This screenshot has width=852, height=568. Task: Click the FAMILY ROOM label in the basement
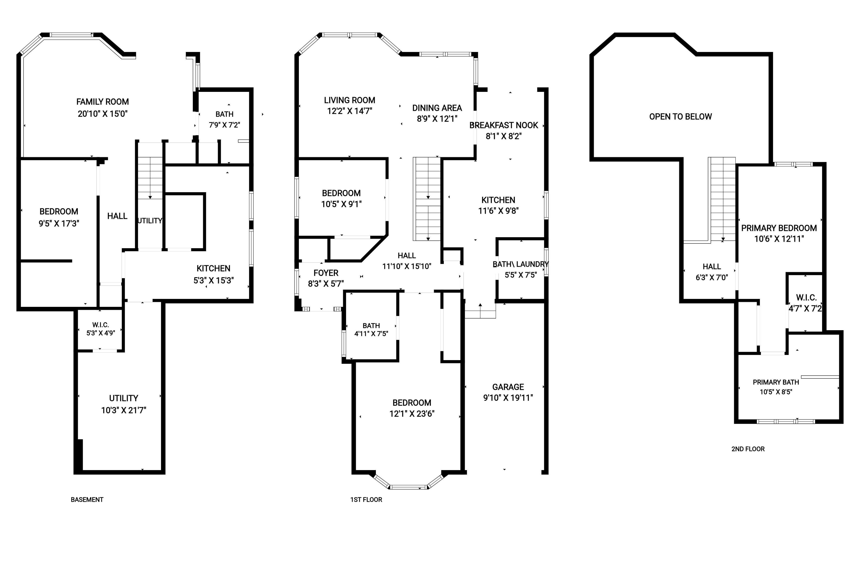(x=103, y=102)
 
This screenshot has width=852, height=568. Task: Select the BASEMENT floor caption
(x=87, y=499)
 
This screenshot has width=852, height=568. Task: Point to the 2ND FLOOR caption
(x=748, y=449)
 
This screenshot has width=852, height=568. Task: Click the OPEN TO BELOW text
(x=680, y=117)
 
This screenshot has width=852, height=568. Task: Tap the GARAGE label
(x=508, y=387)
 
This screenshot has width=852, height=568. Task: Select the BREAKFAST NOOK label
(x=503, y=125)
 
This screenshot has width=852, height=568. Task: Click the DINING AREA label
(x=437, y=108)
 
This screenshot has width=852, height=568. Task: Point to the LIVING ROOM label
(x=350, y=100)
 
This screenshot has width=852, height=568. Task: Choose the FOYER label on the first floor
(x=326, y=273)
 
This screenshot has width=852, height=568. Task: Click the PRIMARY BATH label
(x=776, y=382)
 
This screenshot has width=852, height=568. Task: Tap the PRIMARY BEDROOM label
(x=779, y=228)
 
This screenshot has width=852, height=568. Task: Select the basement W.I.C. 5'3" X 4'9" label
(x=100, y=329)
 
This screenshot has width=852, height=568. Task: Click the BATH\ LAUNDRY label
(x=521, y=264)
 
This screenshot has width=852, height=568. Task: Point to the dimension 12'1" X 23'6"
(x=412, y=414)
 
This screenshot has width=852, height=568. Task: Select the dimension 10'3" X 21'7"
(x=124, y=410)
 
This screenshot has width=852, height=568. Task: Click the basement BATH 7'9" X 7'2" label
(x=224, y=120)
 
